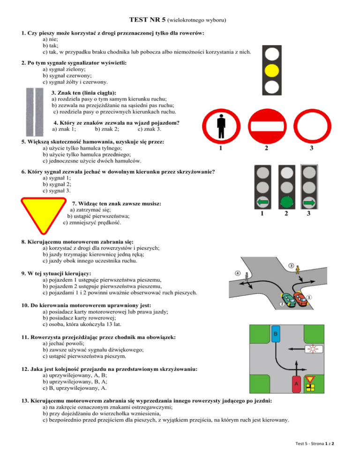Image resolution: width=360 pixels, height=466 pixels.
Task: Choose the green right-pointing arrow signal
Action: tap(308, 203)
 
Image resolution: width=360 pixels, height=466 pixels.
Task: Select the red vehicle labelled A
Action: tap(296, 385)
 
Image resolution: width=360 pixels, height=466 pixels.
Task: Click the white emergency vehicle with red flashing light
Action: tap(312, 349)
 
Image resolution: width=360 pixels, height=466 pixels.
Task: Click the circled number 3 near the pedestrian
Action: tap(291, 266)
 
